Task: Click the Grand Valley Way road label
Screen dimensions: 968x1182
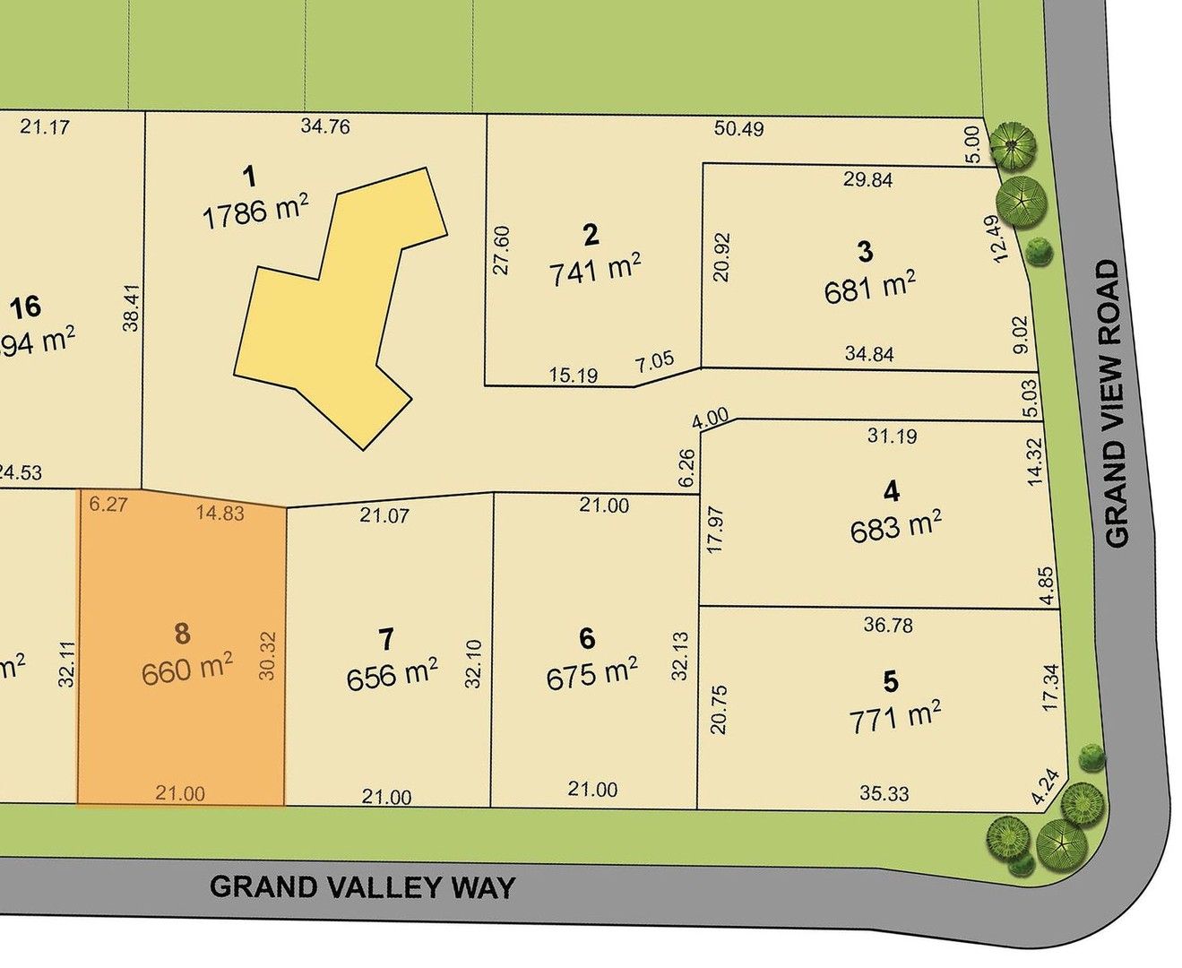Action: pyautogui.click(x=363, y=887)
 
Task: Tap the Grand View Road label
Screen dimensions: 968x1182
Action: pyautogui.click(x=1115, y=403)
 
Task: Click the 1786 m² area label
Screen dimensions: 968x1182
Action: pyautogui.click(x=255, y=212)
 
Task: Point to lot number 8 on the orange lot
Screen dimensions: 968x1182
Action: pyautogui.click(x=182, y=635)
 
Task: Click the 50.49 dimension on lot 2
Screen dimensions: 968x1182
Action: pyautogui.click(x=739, y=129)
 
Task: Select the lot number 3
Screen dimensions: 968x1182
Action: pyautogui.click(x=865, y=251)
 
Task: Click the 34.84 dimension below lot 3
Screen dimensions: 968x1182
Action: pyautogui.click(x=869, y=354)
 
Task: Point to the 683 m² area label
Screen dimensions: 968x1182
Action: pyautogui.click(x=895, y=527)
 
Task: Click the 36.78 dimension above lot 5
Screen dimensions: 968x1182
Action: pyautogui.click(x=888, y=625)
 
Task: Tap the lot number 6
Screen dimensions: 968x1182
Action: pyautogui.click(x=587, y=638)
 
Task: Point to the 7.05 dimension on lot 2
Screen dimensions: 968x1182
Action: pyautogui.click(x=654, y=362)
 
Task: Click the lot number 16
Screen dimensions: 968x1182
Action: pyautogui.click(x=25, y=307)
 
